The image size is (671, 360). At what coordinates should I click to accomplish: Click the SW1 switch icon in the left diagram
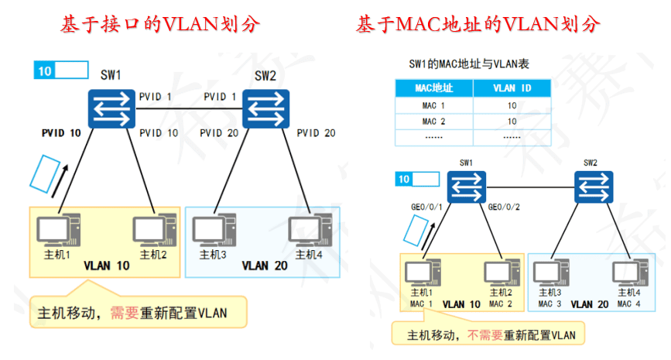(x=111, y=108)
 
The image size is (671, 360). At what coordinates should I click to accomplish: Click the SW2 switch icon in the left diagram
(x=265, y=108)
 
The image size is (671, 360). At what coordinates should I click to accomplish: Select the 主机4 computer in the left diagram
(x=306, y=230)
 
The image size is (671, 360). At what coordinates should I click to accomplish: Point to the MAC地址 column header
(x=433, y=88)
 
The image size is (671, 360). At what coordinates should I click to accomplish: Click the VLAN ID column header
(x=512, y=88)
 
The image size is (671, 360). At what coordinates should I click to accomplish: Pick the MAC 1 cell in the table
(x=433, y=105)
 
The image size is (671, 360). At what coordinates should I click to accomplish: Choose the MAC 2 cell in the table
(x=433, y=122)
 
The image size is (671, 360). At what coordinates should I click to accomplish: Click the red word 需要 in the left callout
(x=125, y=314)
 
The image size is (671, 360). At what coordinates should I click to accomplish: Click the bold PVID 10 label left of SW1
(x=61, y=133)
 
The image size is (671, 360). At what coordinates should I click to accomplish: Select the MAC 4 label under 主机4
(x=628, y=303)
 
